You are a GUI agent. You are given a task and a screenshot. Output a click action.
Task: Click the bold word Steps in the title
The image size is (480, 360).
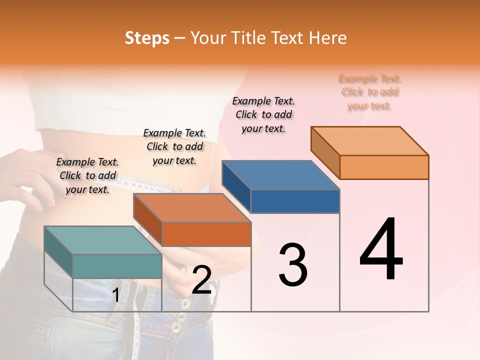147,38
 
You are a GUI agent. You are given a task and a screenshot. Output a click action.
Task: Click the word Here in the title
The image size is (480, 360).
328,38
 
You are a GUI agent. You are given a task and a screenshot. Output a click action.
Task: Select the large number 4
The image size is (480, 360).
381,250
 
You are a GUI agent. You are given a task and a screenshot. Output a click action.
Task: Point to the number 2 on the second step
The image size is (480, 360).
201,280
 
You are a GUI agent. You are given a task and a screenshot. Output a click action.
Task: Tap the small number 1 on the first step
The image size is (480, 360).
115,295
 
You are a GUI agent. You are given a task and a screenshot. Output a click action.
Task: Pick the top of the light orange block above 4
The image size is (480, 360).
370,140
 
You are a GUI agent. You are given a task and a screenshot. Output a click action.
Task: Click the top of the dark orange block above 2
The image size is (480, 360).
192,207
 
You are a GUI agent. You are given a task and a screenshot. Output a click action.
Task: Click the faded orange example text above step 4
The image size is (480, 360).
370,92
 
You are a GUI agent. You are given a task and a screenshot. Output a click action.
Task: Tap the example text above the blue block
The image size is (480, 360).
263,114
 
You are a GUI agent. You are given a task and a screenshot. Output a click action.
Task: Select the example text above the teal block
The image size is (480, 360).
87,175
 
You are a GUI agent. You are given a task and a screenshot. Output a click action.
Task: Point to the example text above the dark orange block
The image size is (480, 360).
174,146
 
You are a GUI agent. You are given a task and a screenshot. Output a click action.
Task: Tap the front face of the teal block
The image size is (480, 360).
117,266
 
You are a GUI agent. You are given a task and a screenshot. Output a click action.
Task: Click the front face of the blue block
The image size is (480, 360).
295,201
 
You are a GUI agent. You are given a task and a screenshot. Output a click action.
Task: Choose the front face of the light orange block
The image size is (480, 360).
384,167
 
